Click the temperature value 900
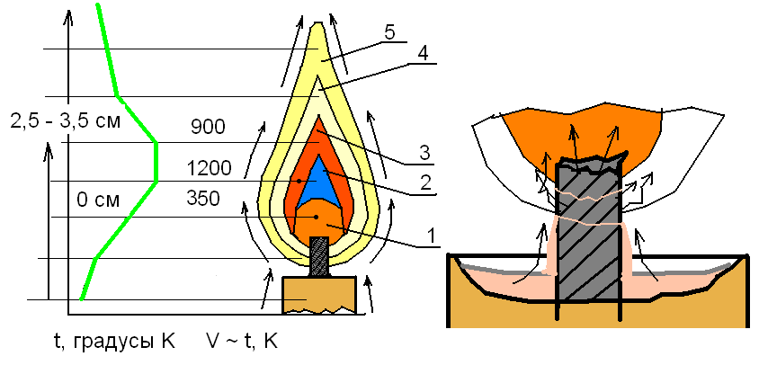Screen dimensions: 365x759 [x=208, y=127]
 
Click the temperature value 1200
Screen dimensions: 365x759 [x=210, y=167]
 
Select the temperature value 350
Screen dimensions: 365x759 [x=203, y=198]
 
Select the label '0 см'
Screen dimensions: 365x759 [x=97, y=199]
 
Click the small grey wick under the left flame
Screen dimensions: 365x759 [x=319, y=256]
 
